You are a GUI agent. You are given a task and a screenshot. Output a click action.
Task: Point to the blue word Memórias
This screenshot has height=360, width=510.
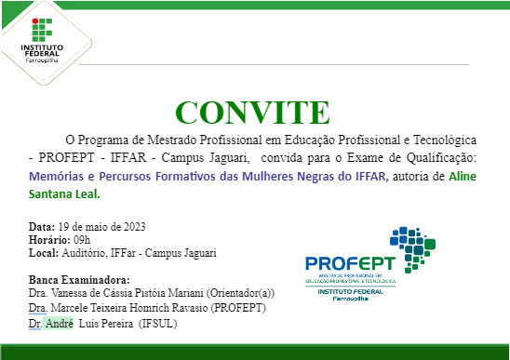tap(58, 175)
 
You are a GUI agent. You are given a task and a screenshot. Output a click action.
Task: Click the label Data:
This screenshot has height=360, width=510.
tap(42, 227)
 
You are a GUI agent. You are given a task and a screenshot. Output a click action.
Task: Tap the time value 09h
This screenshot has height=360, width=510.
tap(83, 240)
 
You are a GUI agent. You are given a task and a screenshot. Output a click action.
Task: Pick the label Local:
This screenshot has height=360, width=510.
tap(44, 252)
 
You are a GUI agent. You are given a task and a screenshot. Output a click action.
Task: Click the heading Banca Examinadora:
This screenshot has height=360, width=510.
tap(79, 280)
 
